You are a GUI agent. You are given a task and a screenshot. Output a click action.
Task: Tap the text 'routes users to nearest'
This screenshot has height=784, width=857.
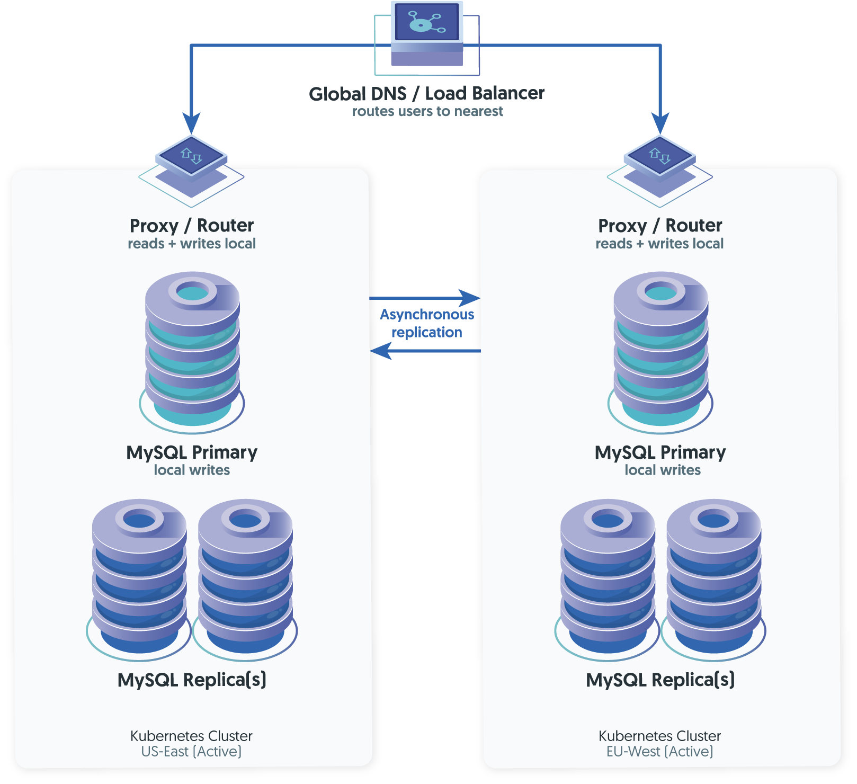(427, 111)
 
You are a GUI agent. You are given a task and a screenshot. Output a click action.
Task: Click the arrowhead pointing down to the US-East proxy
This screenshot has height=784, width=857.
(191, 123)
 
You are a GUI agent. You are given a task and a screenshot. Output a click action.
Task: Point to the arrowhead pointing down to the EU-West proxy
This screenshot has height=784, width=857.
(660, 123)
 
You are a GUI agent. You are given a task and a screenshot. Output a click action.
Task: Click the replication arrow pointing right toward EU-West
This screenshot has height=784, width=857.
(469, 298)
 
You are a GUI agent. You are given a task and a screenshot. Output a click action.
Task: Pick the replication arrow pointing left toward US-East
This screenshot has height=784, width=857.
(381, 351)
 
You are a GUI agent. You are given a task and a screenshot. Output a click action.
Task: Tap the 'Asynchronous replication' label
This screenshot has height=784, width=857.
(427, 323)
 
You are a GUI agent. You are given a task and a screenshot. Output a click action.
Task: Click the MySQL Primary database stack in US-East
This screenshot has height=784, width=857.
(192, 350)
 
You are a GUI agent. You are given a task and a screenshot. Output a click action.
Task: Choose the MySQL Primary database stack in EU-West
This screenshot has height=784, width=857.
(660, 350)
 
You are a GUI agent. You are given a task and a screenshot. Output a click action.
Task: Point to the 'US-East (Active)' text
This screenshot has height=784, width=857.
(191, 752)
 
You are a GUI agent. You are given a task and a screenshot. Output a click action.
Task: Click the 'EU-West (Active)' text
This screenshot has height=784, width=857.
(659, 752)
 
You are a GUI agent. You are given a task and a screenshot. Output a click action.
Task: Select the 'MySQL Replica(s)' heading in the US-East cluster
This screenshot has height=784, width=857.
(192, 680)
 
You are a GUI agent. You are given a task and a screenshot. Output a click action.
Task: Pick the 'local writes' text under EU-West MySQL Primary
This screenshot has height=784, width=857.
(662, 470)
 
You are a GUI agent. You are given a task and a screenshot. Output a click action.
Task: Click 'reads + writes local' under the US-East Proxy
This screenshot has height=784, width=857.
(192, 244)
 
